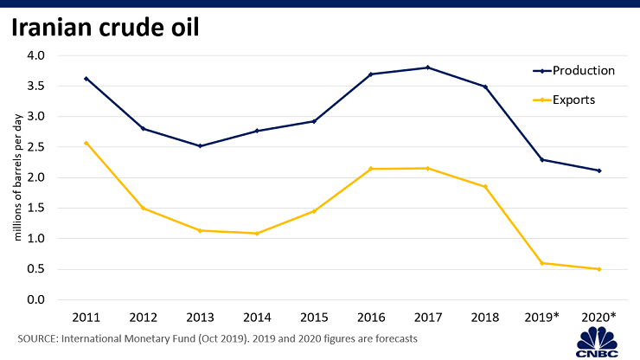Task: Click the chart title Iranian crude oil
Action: click(106, 28)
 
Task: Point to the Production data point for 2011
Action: click(86, 79)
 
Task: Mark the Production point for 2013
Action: click(201, 145)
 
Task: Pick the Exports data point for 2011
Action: click(86, 143)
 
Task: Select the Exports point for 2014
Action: click(257, 233)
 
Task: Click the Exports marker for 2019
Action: click(542, 263)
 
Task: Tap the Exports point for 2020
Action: click(598, 269)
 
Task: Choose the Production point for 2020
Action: click(598, 170)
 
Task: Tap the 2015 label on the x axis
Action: click(314, 318)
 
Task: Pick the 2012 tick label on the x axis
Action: click(143, 318)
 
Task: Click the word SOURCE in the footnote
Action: click(39, 339)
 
